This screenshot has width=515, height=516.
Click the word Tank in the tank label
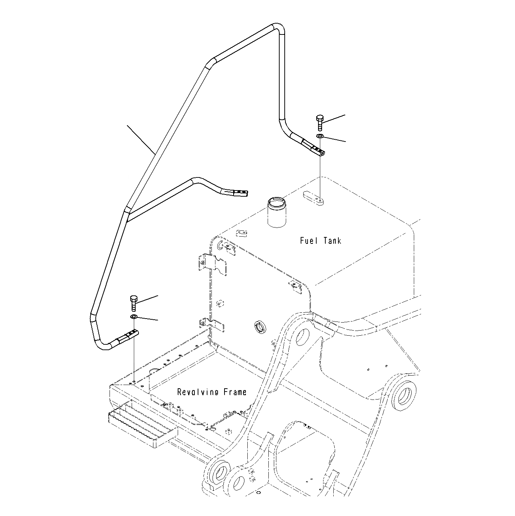(x=331, y=240)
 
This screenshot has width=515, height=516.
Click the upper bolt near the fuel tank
(x=320, y=123)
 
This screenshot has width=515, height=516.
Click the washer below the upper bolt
(x=320, y=136)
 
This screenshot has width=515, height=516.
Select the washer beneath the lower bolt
(x=133, y=317)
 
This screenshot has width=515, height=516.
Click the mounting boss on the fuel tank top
(x=313, y=199)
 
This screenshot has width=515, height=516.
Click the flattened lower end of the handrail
(x=131, y=334)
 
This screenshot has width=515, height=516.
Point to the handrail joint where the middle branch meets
(x=127, y=211)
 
